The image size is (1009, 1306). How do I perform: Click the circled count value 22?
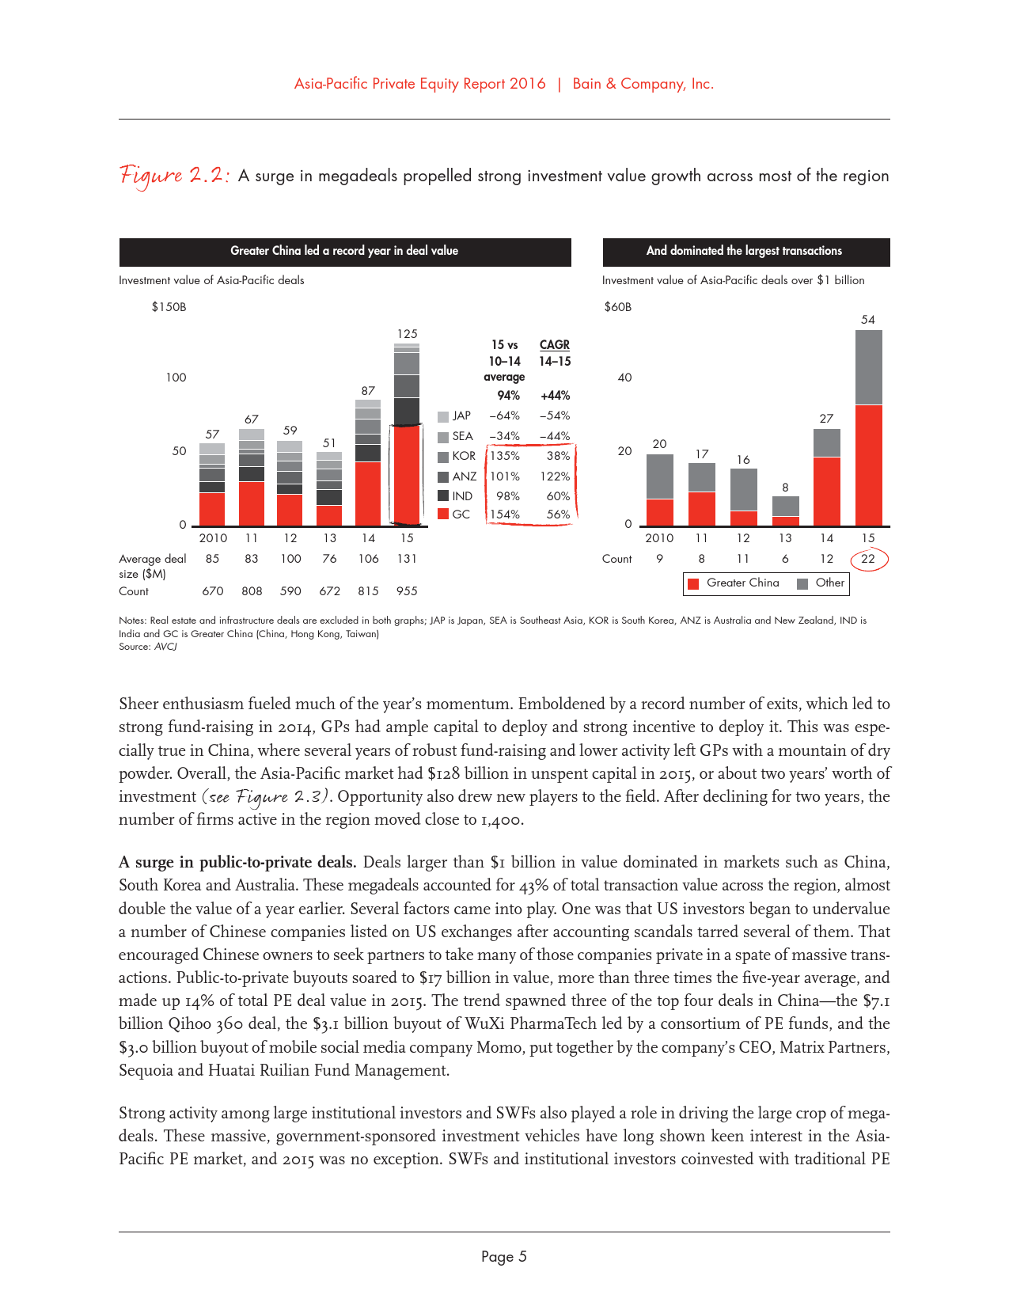pyautogui.click(x=868, y=559)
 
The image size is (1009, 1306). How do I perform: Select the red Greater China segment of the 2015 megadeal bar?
pyautogui.click(x=868, y=465)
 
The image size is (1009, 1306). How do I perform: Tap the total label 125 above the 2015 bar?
pyautogui.click(x=407, y=334)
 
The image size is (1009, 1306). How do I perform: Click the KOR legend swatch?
pyautogui.click(x=443, y=457)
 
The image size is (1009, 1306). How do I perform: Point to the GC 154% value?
pyautogui.click(x=505, y=514)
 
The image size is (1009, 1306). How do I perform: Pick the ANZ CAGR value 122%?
pyautogui.click(x=555, y=476)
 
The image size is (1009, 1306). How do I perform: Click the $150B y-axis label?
pyautogui.click(x=169, y=307)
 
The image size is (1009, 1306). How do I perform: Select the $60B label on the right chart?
pyautogui.click(x=617, y=307)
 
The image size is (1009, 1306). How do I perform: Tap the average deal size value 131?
pyautogui.click(x=407, y=559)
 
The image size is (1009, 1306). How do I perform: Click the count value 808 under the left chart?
pyautogui.click(x=252, y=591)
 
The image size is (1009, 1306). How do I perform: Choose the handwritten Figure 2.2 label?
pyautogui.click(x=174, y=176)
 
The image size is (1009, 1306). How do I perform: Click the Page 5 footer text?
pyautogui.click(x=504, y=1257)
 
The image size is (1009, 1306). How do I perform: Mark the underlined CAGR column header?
pyautogui.click(x=554, y=345)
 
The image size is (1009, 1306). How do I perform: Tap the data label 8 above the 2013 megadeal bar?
pyautogui.click(x=785, y=488)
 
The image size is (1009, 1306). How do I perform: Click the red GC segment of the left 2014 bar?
pyautogui.click(x=368, y=494)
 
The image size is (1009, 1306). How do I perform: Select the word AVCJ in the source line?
pyautogui.click(x=165, y=647)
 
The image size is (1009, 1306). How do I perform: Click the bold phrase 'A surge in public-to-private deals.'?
pyautogui.click(x=237, y=862)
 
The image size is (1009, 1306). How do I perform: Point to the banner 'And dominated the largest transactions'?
pyautogui.click(x=745, y=252)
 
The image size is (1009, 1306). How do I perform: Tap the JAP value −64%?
pyautogui.click(x=505, y=416)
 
